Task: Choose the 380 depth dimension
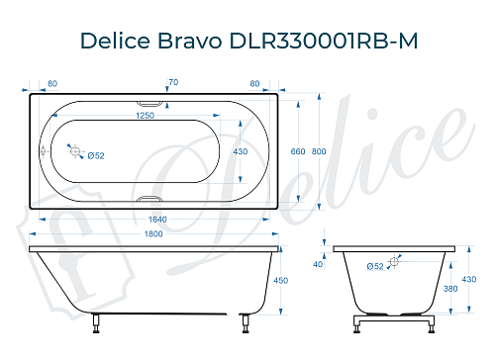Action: (451, 290)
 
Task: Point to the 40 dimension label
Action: (318, 264)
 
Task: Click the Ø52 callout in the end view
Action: (375, 266)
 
